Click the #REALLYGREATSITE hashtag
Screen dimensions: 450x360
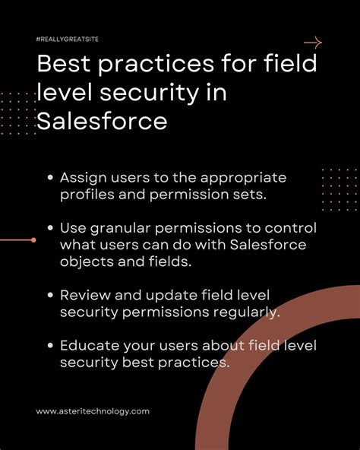click(68, 38)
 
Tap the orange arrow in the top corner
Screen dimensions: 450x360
click(312, 43)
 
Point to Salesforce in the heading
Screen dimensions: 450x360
click(101, 120)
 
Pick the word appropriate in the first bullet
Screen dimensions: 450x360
click(246, 178)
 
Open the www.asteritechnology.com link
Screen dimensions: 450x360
click(93, 410)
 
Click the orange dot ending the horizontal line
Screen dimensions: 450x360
click(33, 240)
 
